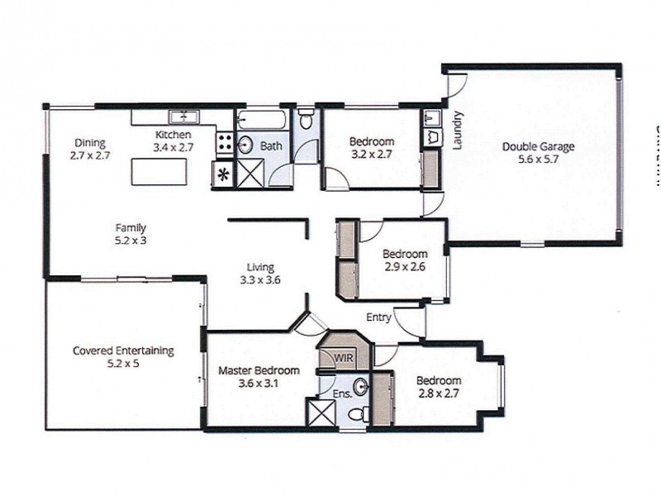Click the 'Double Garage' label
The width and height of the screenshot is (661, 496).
538,148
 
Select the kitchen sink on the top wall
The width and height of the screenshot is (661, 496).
182,117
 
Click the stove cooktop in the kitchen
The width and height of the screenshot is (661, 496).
224,143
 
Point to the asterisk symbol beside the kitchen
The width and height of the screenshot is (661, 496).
222,174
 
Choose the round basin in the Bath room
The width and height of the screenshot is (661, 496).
245,145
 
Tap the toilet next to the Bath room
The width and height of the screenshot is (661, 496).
306,120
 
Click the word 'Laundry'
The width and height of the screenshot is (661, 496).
457,131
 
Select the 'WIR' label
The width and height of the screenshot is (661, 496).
344,357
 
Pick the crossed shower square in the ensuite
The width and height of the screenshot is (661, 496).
320,413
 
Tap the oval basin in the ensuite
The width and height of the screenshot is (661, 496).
360,386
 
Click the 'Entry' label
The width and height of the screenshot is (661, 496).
379,317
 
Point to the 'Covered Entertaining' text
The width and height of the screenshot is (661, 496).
123,351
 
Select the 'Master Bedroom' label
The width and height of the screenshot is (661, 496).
259,371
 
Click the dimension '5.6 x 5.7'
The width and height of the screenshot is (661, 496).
538,161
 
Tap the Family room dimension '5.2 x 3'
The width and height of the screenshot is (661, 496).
131,241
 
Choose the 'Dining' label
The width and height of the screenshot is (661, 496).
90,142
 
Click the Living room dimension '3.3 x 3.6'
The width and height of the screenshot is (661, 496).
259,280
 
